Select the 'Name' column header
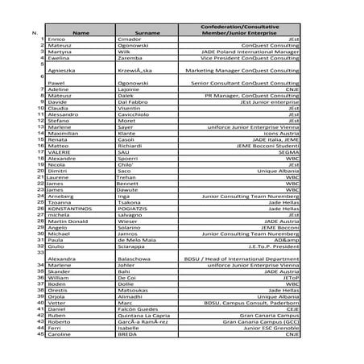point(81,33)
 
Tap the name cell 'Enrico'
point(56,39)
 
